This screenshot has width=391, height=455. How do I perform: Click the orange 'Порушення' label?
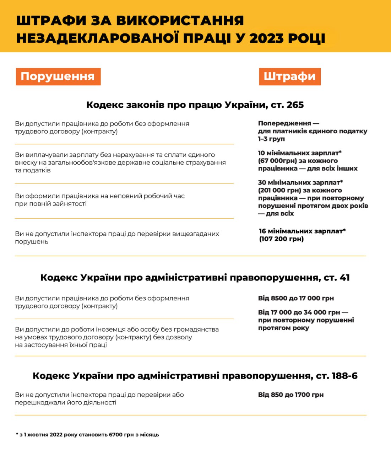tap(58, 77)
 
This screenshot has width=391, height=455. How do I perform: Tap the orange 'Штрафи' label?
tap(289, 77)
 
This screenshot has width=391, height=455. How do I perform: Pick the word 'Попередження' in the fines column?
tap(284, 123)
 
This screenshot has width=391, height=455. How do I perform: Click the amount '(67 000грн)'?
tap(277, 161)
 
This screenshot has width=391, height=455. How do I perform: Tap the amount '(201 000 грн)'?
tap(279, 190)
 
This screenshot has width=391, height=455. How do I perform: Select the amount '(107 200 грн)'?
tap(281, 239)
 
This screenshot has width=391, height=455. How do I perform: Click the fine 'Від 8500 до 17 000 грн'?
tap(296, 298)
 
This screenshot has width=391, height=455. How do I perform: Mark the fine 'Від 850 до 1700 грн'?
tap(291, 395)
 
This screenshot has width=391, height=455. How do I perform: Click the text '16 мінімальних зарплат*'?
tap(302, 231)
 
